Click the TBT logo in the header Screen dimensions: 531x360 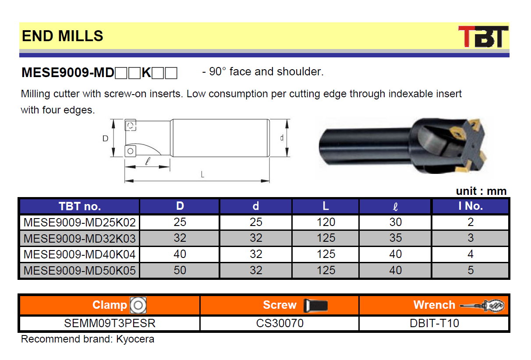[483, 36]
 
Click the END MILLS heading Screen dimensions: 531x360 [63, 36]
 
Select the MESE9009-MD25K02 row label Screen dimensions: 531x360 [80, 222]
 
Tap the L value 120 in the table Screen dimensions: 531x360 [326, 222]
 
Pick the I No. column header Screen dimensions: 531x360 [471, 206]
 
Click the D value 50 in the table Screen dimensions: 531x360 [180, 270]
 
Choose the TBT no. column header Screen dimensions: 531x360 [80, 206]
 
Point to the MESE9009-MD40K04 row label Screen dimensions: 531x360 [80, 254]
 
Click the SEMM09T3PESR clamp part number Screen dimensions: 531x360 [110, 323]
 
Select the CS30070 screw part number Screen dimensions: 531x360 [280, 323]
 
